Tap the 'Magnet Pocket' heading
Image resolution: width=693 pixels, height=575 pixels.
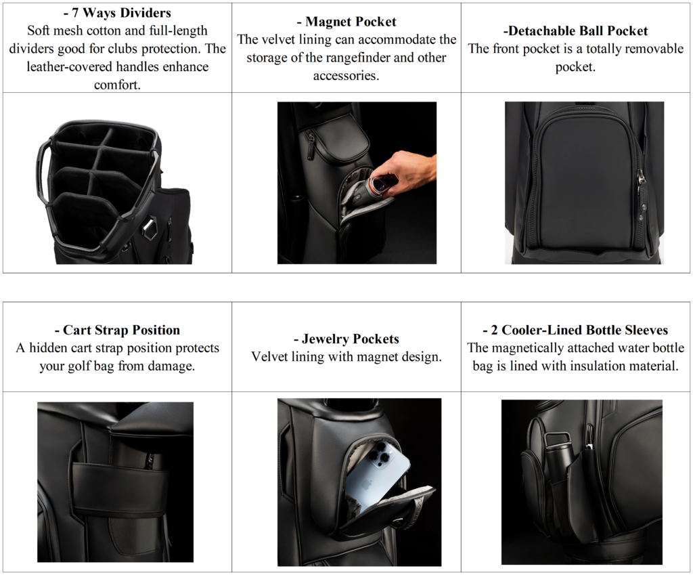tap(346, 22)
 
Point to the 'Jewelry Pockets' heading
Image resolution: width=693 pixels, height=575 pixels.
tap(346, 339)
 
